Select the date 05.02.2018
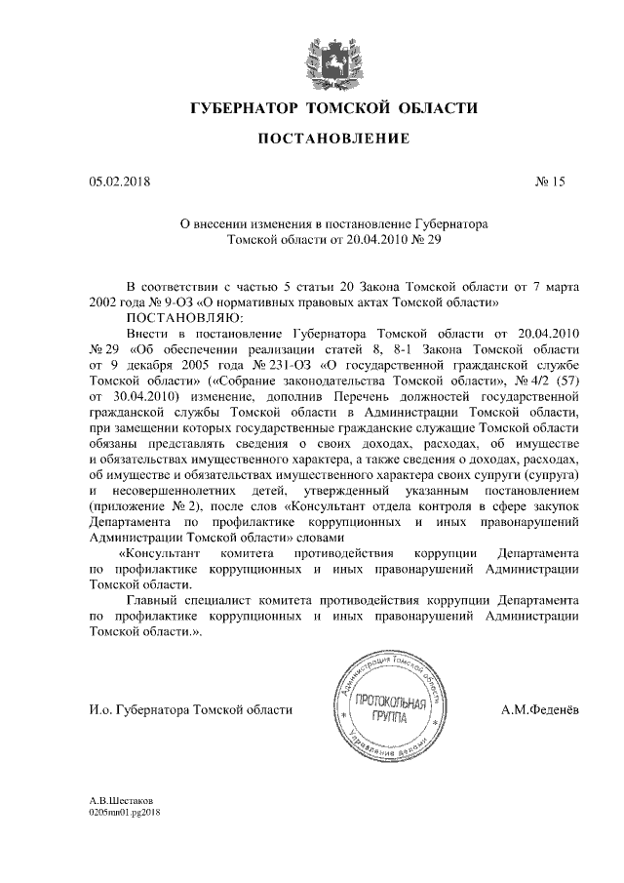click(x=120, y=181)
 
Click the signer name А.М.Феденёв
click(x=540, y=711)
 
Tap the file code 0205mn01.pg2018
click(x=124, y=812)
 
